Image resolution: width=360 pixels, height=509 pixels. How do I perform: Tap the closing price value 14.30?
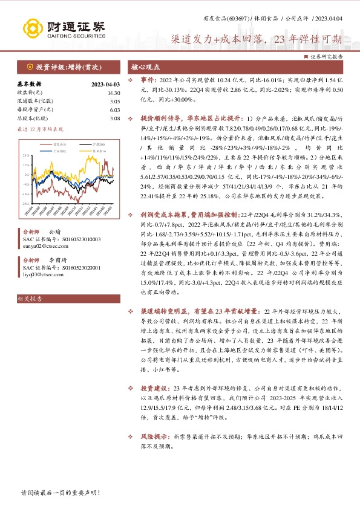point(113,93)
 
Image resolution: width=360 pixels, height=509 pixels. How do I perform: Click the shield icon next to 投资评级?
point(28,67)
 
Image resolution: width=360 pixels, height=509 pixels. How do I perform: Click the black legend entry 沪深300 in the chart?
point(99,144)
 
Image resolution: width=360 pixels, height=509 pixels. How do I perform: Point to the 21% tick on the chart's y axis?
point(25,155)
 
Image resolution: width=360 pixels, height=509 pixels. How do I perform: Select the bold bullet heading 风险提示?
point(154,418)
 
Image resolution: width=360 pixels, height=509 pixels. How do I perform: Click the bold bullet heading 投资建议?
point(154,387)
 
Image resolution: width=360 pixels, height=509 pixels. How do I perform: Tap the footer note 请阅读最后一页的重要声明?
point(60,493)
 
